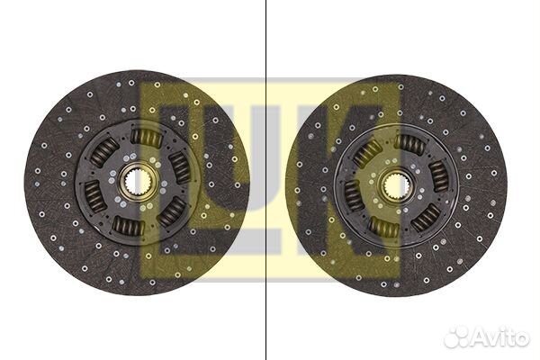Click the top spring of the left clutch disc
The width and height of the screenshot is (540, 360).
(x=147, y=137)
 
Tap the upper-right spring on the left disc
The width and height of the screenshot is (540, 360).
(x=179, y=166)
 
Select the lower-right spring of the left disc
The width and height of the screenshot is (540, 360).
(x=172, y=211)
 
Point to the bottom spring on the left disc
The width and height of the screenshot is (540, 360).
(x=129, y=226)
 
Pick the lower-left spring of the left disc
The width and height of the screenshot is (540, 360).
(x=95, y=197)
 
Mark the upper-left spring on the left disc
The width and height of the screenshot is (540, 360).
(x=103, y=152)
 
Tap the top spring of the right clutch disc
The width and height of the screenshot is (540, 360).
(x=409, y=145)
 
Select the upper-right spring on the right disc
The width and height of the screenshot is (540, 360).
(x=439, y=176)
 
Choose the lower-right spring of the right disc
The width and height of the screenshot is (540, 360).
(x=426, y=218)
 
